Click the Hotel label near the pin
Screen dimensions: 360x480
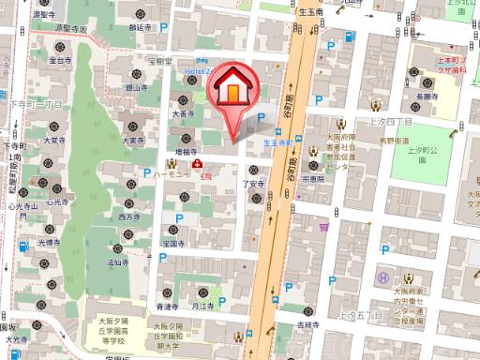pos(200,70)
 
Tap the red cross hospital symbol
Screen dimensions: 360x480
pos(197,161)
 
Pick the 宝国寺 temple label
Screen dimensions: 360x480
pos(172,241)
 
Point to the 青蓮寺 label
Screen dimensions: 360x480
pos(167,307)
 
